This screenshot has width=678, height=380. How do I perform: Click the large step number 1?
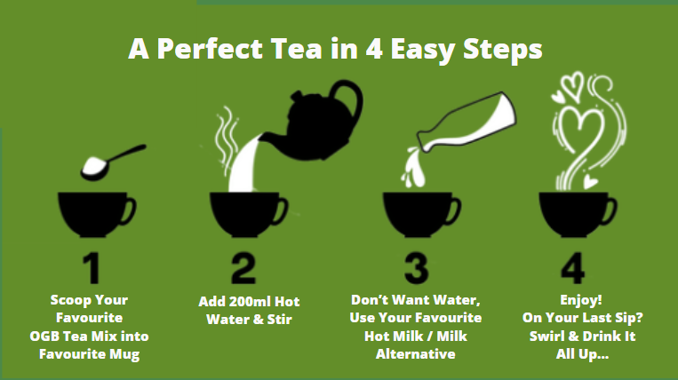[92, 268]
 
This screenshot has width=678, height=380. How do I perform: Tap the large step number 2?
[243, 268]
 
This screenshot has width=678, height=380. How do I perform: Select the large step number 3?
[417, 268]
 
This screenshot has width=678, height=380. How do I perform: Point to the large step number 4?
[573, 268]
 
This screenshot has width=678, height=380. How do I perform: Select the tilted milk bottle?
[467, 123]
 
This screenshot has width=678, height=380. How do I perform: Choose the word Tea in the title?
[296, 48]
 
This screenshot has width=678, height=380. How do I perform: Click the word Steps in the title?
[502, 50]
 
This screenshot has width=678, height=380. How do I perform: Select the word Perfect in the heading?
[210, 48]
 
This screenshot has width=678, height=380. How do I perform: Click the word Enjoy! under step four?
[581, 300]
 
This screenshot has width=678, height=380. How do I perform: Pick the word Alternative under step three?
[416, 354]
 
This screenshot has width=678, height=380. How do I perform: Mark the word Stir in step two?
[279, 320]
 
